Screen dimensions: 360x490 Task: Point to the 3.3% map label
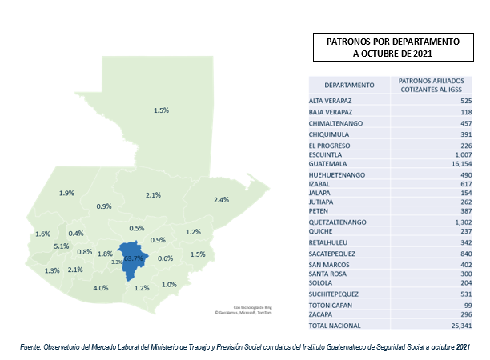point(117,262)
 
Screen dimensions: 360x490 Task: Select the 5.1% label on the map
point(62,246)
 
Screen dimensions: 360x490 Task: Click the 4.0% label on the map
point(101,288)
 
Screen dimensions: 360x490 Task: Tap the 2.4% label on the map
point(222,199)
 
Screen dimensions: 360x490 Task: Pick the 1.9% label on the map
point(66,193)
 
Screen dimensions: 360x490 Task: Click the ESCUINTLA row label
point(327,155)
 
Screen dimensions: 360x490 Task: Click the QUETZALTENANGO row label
point(338,222)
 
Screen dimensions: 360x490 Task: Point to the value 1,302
point(452,222)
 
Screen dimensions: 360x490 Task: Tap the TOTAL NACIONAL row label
point(335,326)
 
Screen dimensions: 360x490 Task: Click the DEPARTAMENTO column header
point(349,85)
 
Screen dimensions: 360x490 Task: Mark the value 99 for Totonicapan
point(457,305)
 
